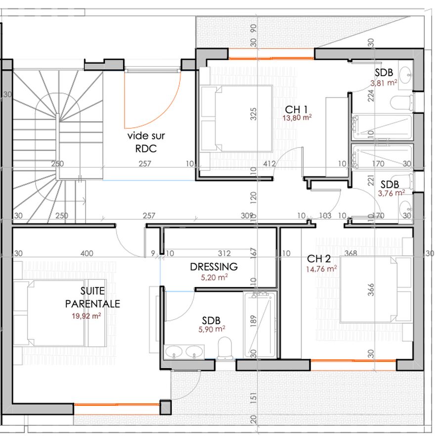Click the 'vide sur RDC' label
click(x=146, y=142)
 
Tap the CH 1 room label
click(x=296, y=109)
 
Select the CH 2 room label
click(x=319, y=259)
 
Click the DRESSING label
click(x=214, y=267)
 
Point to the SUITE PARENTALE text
click(x=92, y=297)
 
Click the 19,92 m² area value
click(x=86, y=316)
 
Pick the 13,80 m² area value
click(x=297, y=118)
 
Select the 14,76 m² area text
click(x=321, y=269)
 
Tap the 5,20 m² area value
click(x=214, y=277)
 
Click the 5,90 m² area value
click(x=212, y=329)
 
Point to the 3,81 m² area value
click(x=384, y=83)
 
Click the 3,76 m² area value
click(x=392, y=193)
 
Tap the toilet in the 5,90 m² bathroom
click(x=225, y=348)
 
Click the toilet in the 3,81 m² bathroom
click(x=401, y=103)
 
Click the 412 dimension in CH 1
click(x=269, y=164)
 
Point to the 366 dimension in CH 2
click(x=371, y=290)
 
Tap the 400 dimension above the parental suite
click(x=87, y=253)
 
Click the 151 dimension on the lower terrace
click(x=254, y=398)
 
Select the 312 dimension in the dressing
click(x=224, y=253)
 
